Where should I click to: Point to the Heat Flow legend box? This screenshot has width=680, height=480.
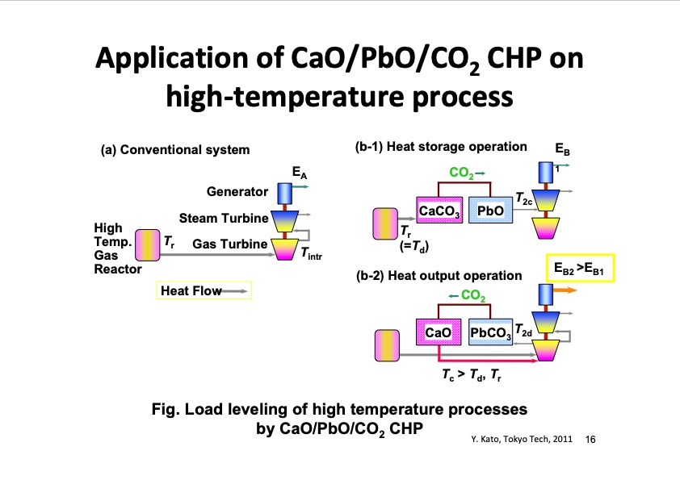tap(204, 290)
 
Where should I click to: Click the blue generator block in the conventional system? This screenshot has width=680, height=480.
tap(284, 194)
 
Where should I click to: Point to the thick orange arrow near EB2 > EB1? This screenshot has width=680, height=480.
tap(562, 293)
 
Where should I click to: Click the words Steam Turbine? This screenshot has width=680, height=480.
tap(222, 218)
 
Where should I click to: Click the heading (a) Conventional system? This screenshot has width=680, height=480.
tap(174, 150)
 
